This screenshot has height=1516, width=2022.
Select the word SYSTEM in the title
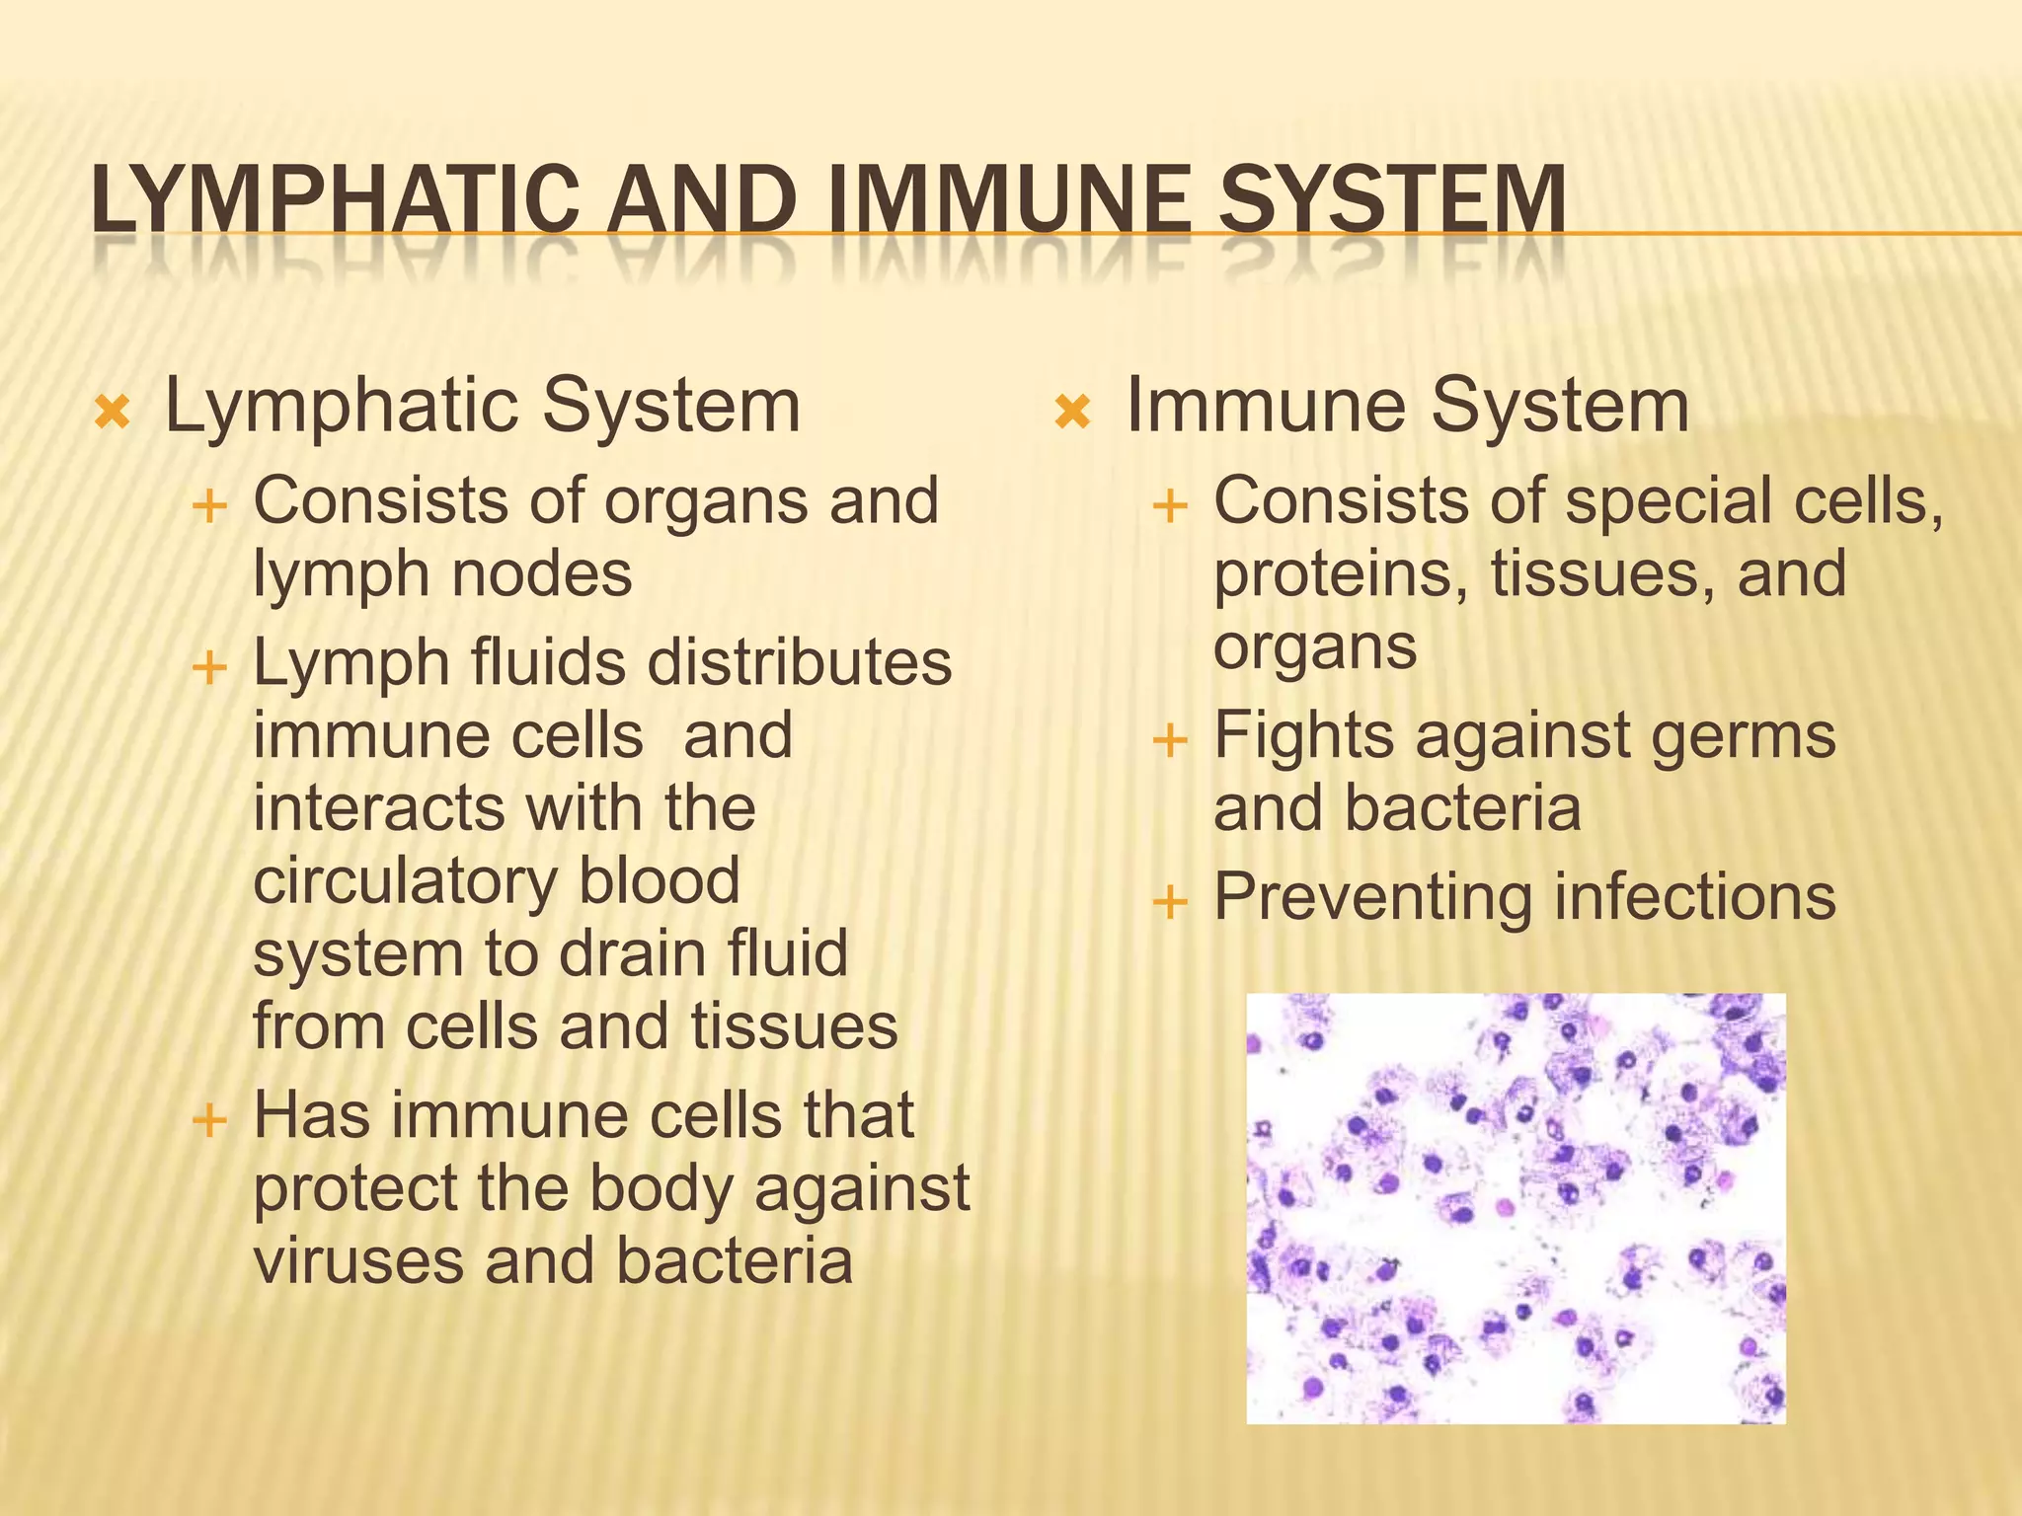tap(1392, 200)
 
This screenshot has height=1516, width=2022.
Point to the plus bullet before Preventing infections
tap(1170, 901)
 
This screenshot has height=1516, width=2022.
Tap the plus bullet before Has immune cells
tap(209, 1120)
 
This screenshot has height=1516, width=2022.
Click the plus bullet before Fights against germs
tap(1170, 739)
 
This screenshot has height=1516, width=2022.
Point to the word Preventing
tap(1373, 899)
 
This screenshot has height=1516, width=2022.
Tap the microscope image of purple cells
tap(1516, 1208)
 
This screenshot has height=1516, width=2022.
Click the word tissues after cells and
tap(794, 1027)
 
